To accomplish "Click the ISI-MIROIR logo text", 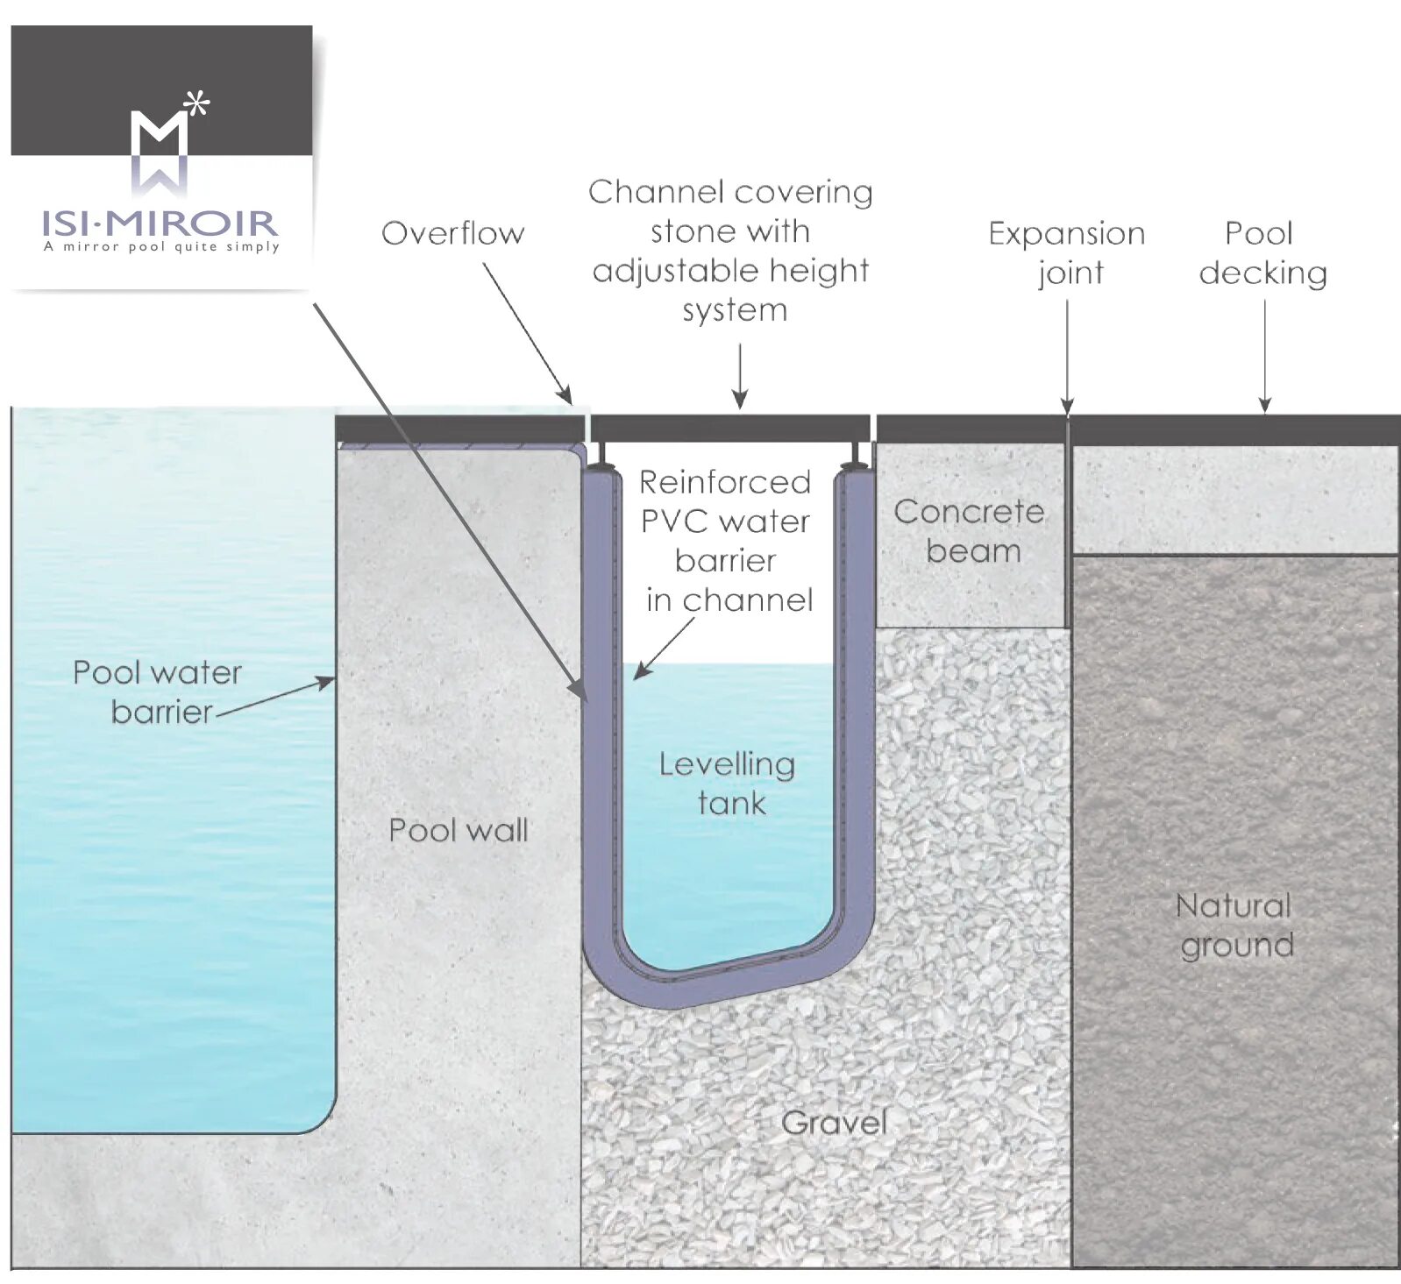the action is tap(160, 223).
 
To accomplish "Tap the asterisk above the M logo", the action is tap(198, 104).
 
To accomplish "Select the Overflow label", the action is tap(452, 233).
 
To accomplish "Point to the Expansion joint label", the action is tap(1067, 252).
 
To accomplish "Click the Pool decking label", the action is tap(1262, 252).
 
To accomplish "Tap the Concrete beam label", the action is tap(970, 531).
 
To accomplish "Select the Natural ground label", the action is tap(1235, 925).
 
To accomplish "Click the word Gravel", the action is tap(834, 1123).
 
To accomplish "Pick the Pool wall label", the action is tap(458, 830).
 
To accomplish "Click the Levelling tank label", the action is tap(728, 784).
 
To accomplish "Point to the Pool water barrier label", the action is tap(157, 692).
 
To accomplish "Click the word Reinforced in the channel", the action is tap(725, 482).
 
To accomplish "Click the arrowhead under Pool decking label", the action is tap(1264, 405).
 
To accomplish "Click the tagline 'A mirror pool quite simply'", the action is tap(161, 247).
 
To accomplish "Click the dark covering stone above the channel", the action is tap(729, 429).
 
